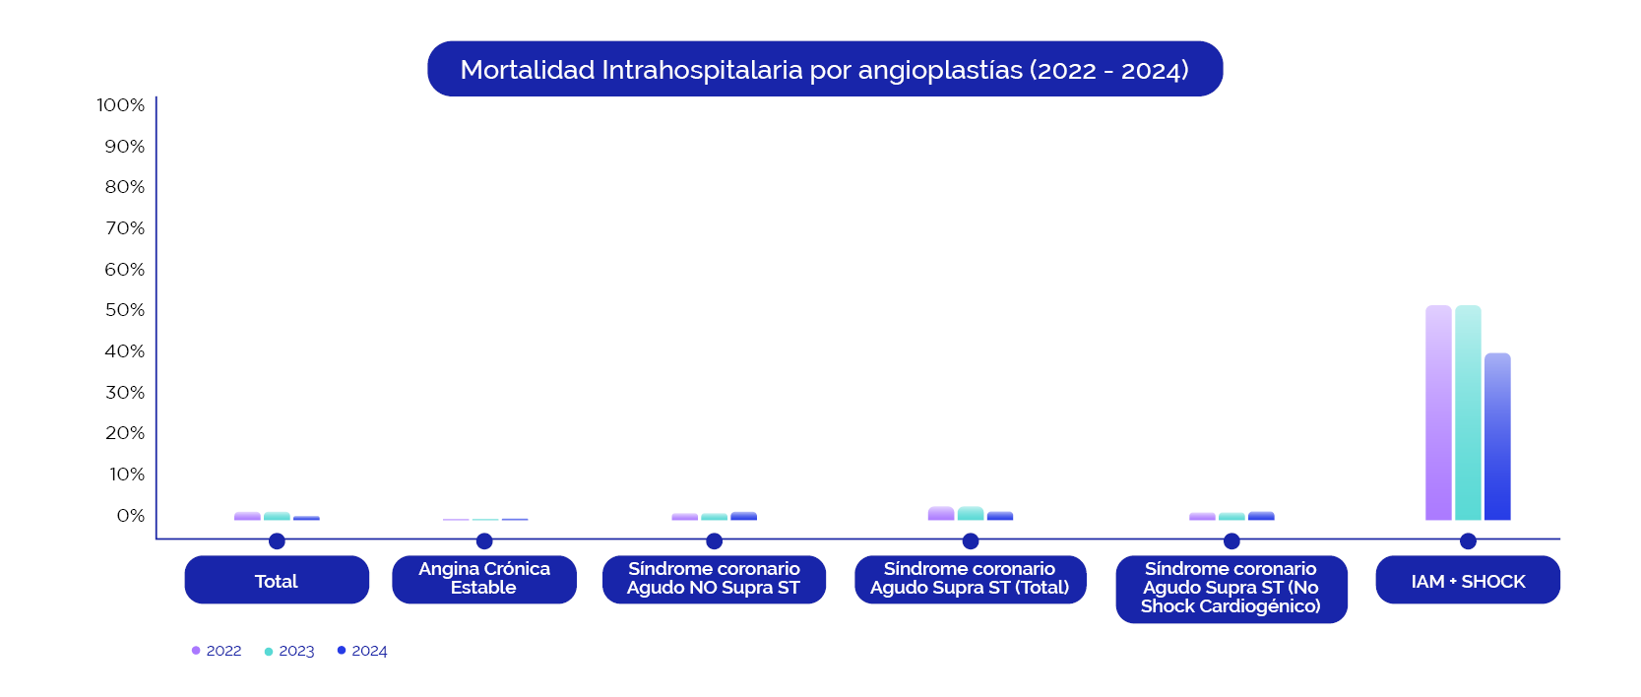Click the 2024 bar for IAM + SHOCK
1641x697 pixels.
(1497, 437)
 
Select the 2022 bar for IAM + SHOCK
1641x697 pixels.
(1438, 412)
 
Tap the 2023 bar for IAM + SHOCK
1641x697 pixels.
(1468, 412)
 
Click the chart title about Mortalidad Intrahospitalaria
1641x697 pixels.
(825, 69)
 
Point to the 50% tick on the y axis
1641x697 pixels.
(125, 310)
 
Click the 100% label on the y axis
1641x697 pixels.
(121, 104)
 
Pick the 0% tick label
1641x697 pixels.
(130, 516)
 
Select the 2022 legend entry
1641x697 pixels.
(217, 651)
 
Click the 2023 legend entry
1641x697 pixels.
(289, 651)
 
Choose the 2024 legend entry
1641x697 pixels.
(362, 651)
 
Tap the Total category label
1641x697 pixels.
(277, 580)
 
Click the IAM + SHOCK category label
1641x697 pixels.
(1468, 580)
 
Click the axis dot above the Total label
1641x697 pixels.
(277, 540)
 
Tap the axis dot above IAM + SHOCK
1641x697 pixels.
(1468, 540)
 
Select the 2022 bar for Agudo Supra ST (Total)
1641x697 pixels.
(941, 513)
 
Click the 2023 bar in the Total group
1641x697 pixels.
(277, 516)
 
